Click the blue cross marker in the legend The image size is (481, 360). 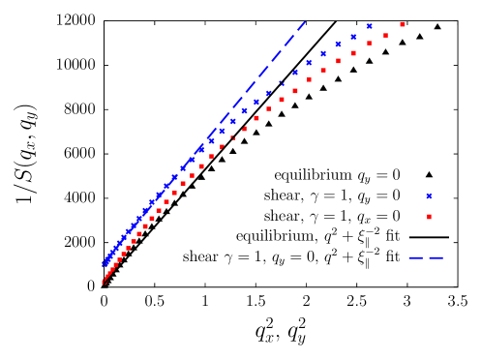click(430, 196)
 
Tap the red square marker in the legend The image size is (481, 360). click(430, 217)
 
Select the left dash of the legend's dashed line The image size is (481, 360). click(416, 257)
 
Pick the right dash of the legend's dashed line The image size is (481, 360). click(436, 257)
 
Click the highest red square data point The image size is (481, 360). click(403, 24)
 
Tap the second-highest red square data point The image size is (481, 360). click(385, 35)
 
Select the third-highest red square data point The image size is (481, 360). click(369, 44)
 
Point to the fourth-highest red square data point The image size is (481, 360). click(353, 53)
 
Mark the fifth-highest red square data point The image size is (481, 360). click(338, 61)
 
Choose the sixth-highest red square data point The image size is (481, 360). click(323, 70)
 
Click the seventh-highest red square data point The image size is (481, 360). click(309, 79)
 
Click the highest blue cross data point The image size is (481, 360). click(369, 26)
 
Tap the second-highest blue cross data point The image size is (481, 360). click(353, 37)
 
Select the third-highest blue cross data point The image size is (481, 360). click(338, 45)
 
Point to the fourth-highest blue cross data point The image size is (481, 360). click(323, 53)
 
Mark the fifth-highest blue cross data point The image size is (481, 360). click(309, 63)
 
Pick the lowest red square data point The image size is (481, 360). click(104, 282)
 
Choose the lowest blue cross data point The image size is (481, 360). click(105, 264)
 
